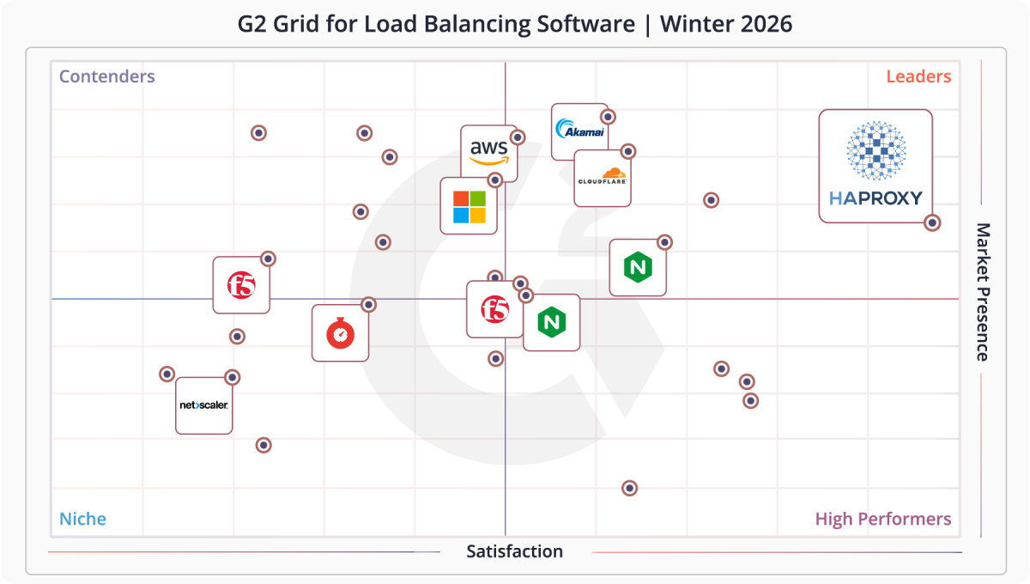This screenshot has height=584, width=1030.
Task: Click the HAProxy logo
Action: (x=875, y=166)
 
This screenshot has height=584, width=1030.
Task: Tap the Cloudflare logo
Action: (x=602, y=178)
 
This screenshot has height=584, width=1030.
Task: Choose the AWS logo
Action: (x=488, y=153)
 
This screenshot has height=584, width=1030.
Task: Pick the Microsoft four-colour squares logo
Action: (x=469, y=206)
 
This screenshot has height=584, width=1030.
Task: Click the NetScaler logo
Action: (x=203, y=405)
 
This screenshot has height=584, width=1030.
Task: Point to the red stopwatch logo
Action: (x=340, y=332)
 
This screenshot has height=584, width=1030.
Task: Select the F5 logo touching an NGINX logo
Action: (x=494, y=309)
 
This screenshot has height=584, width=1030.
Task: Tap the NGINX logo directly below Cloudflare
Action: (x=638, y=268)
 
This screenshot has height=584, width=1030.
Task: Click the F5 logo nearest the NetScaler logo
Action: (x=241, y=285)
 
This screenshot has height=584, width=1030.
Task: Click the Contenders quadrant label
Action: (x=106, y=76)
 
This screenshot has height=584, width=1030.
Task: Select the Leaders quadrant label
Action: (x=918, y=76)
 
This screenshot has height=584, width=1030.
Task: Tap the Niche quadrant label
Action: (x=82, y=519)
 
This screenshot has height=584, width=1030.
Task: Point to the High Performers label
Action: (x=882, y=519)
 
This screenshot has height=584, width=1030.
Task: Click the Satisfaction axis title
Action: (x=514, y=551)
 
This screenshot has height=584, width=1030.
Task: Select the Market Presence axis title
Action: (x=983, y=292)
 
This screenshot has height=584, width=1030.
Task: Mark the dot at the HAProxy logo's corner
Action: (x=932, y=222)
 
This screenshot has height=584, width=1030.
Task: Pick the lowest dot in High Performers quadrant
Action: (x=629, y=488)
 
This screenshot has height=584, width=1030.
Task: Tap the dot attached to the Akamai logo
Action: (x=608, y=117)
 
